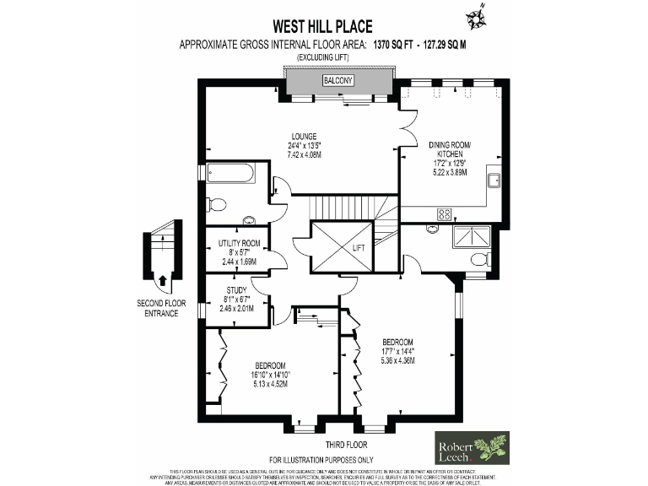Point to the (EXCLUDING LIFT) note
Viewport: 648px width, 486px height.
pyautogui.click(x=323, y=57)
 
